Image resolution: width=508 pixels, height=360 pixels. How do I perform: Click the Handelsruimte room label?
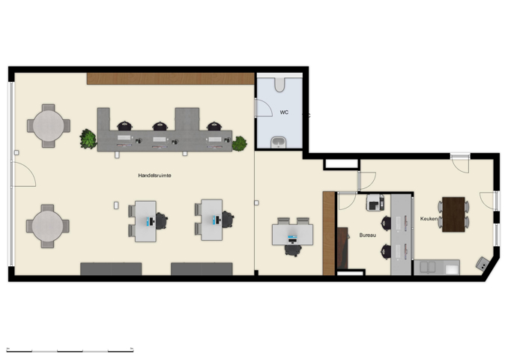coord(154,175)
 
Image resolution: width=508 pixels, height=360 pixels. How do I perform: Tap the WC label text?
coord(284,112)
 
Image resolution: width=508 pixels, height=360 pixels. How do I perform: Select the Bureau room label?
coord(367,235)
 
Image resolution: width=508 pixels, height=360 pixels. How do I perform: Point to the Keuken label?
coord(428,219)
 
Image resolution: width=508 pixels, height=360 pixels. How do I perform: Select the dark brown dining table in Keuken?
coord(453,214)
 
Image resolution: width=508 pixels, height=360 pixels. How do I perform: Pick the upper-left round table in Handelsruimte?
coord(48,125)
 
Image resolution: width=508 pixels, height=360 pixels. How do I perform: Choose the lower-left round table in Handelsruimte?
coord(48,225)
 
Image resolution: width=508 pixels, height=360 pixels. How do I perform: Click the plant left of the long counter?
coord(88,139)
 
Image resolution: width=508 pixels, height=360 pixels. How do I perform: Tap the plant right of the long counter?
coord(240,143)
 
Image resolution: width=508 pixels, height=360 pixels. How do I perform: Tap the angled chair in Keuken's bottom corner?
coord(483,264)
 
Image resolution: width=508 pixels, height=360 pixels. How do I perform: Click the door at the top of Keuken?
coord(460,163)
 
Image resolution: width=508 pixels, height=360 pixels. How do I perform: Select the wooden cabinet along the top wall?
coord(171,78)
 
